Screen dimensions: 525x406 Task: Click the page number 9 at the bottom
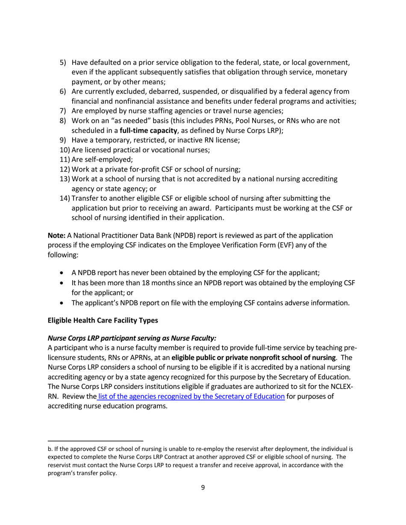click(203, 487)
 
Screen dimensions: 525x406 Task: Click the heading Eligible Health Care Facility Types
click(103, 320)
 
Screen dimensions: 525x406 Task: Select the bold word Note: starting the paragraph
click(56, 235)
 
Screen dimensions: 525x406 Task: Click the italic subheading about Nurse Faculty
click(132, 338)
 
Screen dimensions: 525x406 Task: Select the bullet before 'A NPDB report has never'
click(63, 273)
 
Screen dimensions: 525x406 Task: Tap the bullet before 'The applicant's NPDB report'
click(63, 303)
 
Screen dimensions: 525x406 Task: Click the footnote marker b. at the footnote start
click(50, 449)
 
